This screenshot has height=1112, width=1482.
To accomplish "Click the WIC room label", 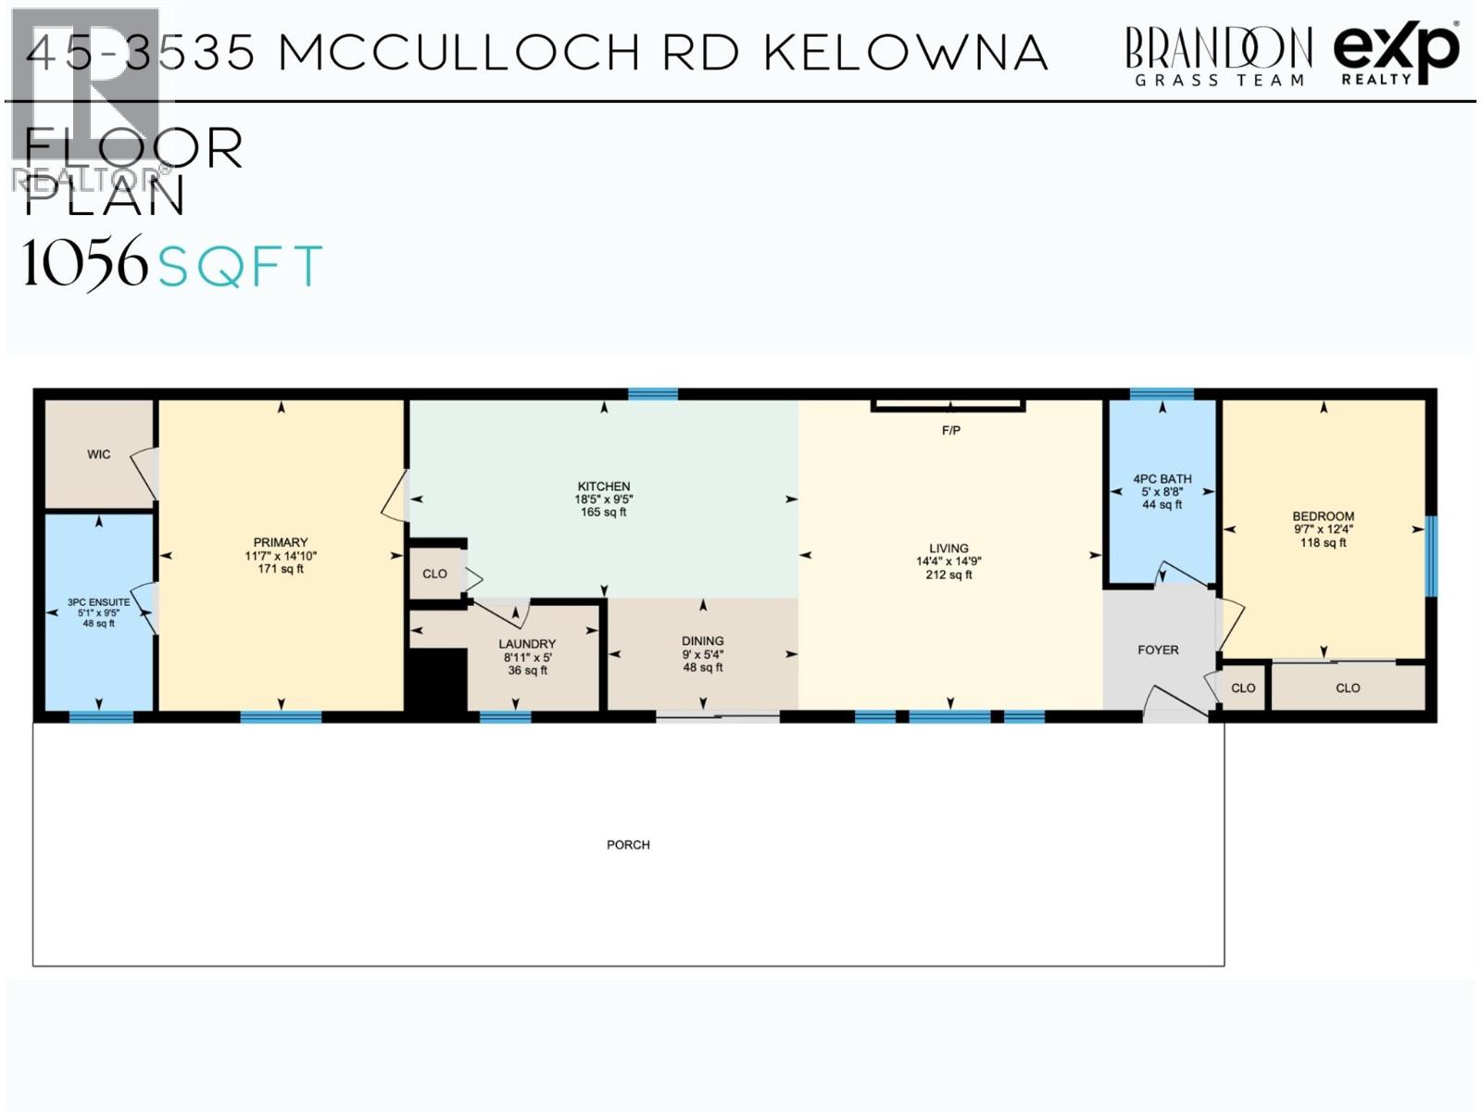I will click(x=98, y=454).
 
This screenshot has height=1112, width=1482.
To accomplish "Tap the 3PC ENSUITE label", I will click(x=98, y=602).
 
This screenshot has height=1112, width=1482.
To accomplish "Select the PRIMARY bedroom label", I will click(x=281, y=542).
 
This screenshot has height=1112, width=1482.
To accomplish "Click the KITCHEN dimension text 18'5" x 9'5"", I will click(x=603, y=499).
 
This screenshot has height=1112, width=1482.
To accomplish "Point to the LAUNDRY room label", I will click(x=527, y=644).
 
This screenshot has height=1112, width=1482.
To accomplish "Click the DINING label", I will click(x=702, y=640).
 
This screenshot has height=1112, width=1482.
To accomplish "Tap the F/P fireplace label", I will click(x=950, y=431).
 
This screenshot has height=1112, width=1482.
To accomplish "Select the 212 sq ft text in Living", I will click(x=948, y=575).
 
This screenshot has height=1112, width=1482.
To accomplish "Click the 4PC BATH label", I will click(x=1162, y=479).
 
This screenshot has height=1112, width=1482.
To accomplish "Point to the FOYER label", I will click(x=1158, y=650).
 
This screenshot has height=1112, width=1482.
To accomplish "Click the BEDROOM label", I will click(x=1323, y=516).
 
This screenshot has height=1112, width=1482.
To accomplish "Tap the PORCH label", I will click(x=628, y=844).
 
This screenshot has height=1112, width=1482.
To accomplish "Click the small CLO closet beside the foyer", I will click(x=1243, y=688).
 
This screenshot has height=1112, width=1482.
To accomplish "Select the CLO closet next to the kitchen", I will click(x=434, y=574).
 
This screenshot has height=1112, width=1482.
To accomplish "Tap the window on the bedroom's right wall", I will click(x=1431, y=556).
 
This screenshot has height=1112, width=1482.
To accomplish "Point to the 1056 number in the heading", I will click(x=85, y=263).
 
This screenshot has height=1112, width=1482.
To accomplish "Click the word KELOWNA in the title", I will click(x=906, y=53).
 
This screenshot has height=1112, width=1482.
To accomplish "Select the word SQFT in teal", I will click(x=240, y=266).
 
